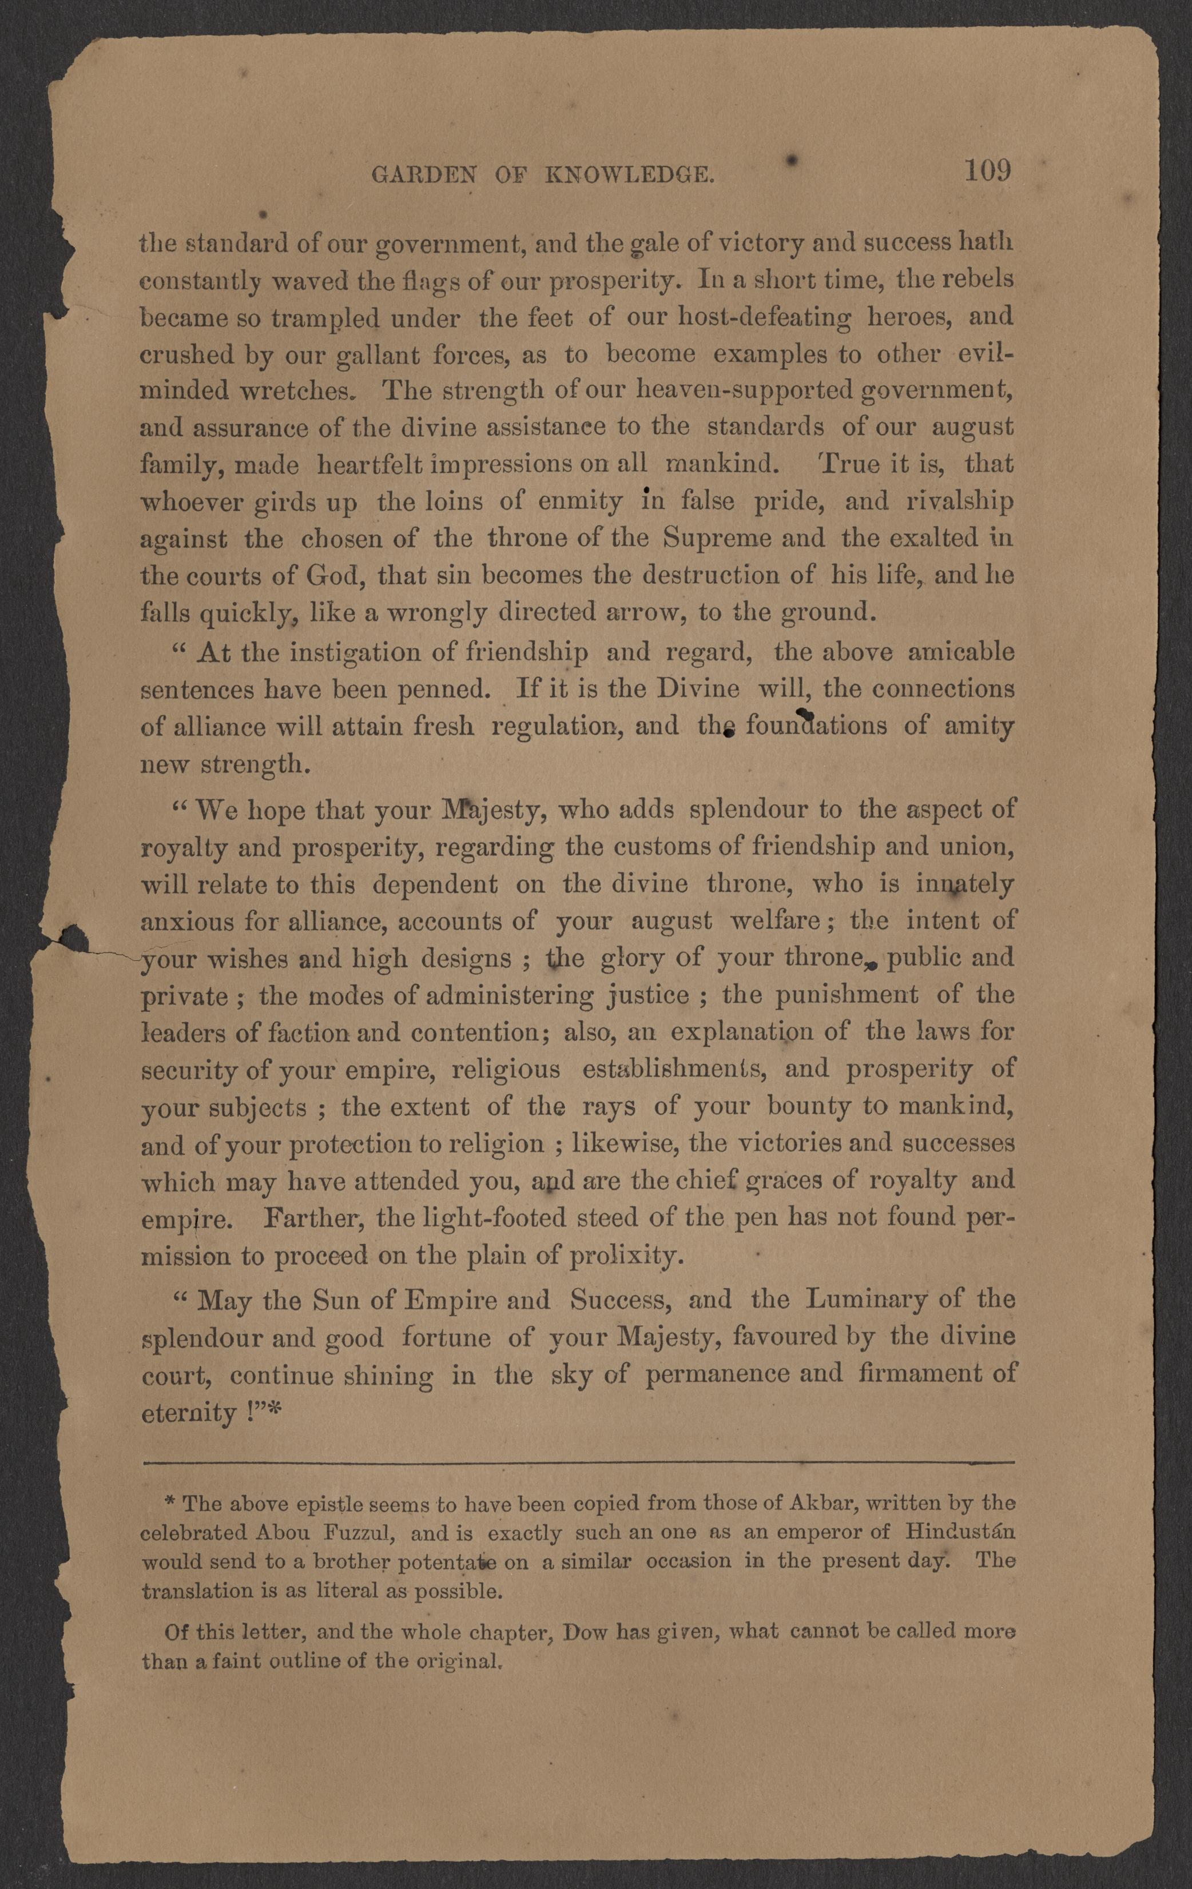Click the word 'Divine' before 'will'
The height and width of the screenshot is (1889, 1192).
(698, 689)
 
